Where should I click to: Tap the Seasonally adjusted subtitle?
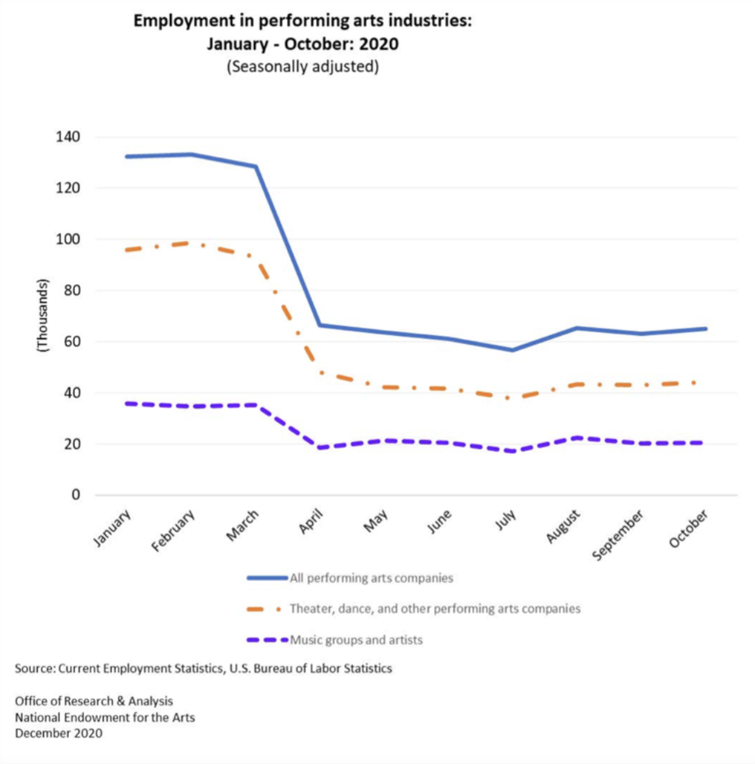(302, 66)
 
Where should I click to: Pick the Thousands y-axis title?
(42, 315)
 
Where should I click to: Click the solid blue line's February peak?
(192, 155)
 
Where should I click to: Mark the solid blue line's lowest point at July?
(511, 350)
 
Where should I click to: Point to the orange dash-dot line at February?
(192, 243)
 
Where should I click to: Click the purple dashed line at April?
(319, 447)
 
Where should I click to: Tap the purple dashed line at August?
(576, 438)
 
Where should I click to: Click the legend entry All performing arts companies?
(372, 577)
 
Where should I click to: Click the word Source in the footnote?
(33, 668)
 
